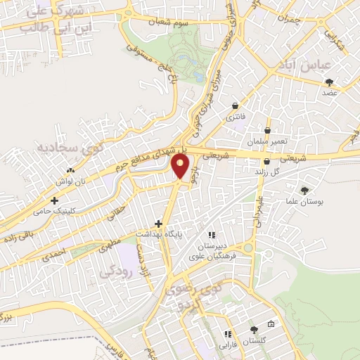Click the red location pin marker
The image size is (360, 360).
(x=181, y=166)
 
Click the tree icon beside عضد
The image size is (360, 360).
(x=329, y=82)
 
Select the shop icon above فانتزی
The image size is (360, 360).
(x=235, y=106)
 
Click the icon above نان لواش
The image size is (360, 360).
(x=69, y=170)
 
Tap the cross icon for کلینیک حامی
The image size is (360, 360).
(x=54, y=200)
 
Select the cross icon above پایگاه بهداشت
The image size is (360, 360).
(x=159, y=224)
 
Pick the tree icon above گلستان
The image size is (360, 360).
(x=255, y=330)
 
